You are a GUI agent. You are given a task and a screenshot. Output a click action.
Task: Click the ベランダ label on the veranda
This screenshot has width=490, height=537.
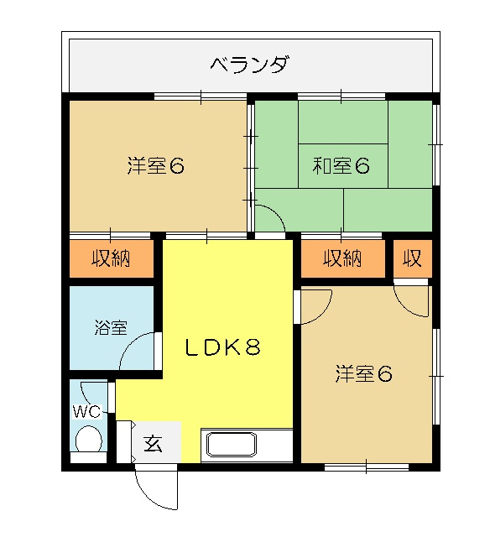click(x=248, y=65)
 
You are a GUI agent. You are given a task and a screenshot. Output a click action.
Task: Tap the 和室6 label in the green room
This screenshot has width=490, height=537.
click(x=341, y=166)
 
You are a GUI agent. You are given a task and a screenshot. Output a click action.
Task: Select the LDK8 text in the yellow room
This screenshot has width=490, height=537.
click(x=223, y=347)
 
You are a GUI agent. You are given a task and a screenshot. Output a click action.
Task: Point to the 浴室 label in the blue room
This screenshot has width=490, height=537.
click(x=111, y=328)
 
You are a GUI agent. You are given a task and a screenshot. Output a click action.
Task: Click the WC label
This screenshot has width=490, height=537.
click(x=87, y=411)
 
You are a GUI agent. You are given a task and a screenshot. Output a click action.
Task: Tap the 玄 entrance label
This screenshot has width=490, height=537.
click(x=153, y=444)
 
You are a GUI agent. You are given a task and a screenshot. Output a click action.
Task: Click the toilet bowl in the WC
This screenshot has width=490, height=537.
click(x=89, y=439)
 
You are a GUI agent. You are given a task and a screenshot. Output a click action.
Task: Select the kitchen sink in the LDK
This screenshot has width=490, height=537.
click(x=232, y=445)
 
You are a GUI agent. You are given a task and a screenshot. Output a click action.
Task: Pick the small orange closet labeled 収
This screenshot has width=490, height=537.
click(x=412, y=258)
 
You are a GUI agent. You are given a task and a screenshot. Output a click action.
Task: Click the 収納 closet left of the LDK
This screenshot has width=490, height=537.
click(x=112, y=258)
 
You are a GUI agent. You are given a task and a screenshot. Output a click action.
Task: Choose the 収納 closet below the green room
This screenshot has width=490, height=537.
click(x=343, y=258)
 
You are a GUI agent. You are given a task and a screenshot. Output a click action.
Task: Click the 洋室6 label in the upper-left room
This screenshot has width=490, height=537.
click(x=156, y=166)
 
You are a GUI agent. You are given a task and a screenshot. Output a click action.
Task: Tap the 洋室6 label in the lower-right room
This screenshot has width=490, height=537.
click(x=363, y=374)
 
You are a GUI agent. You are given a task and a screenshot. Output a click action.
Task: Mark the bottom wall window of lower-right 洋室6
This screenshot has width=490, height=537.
click(x=367, y=467)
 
